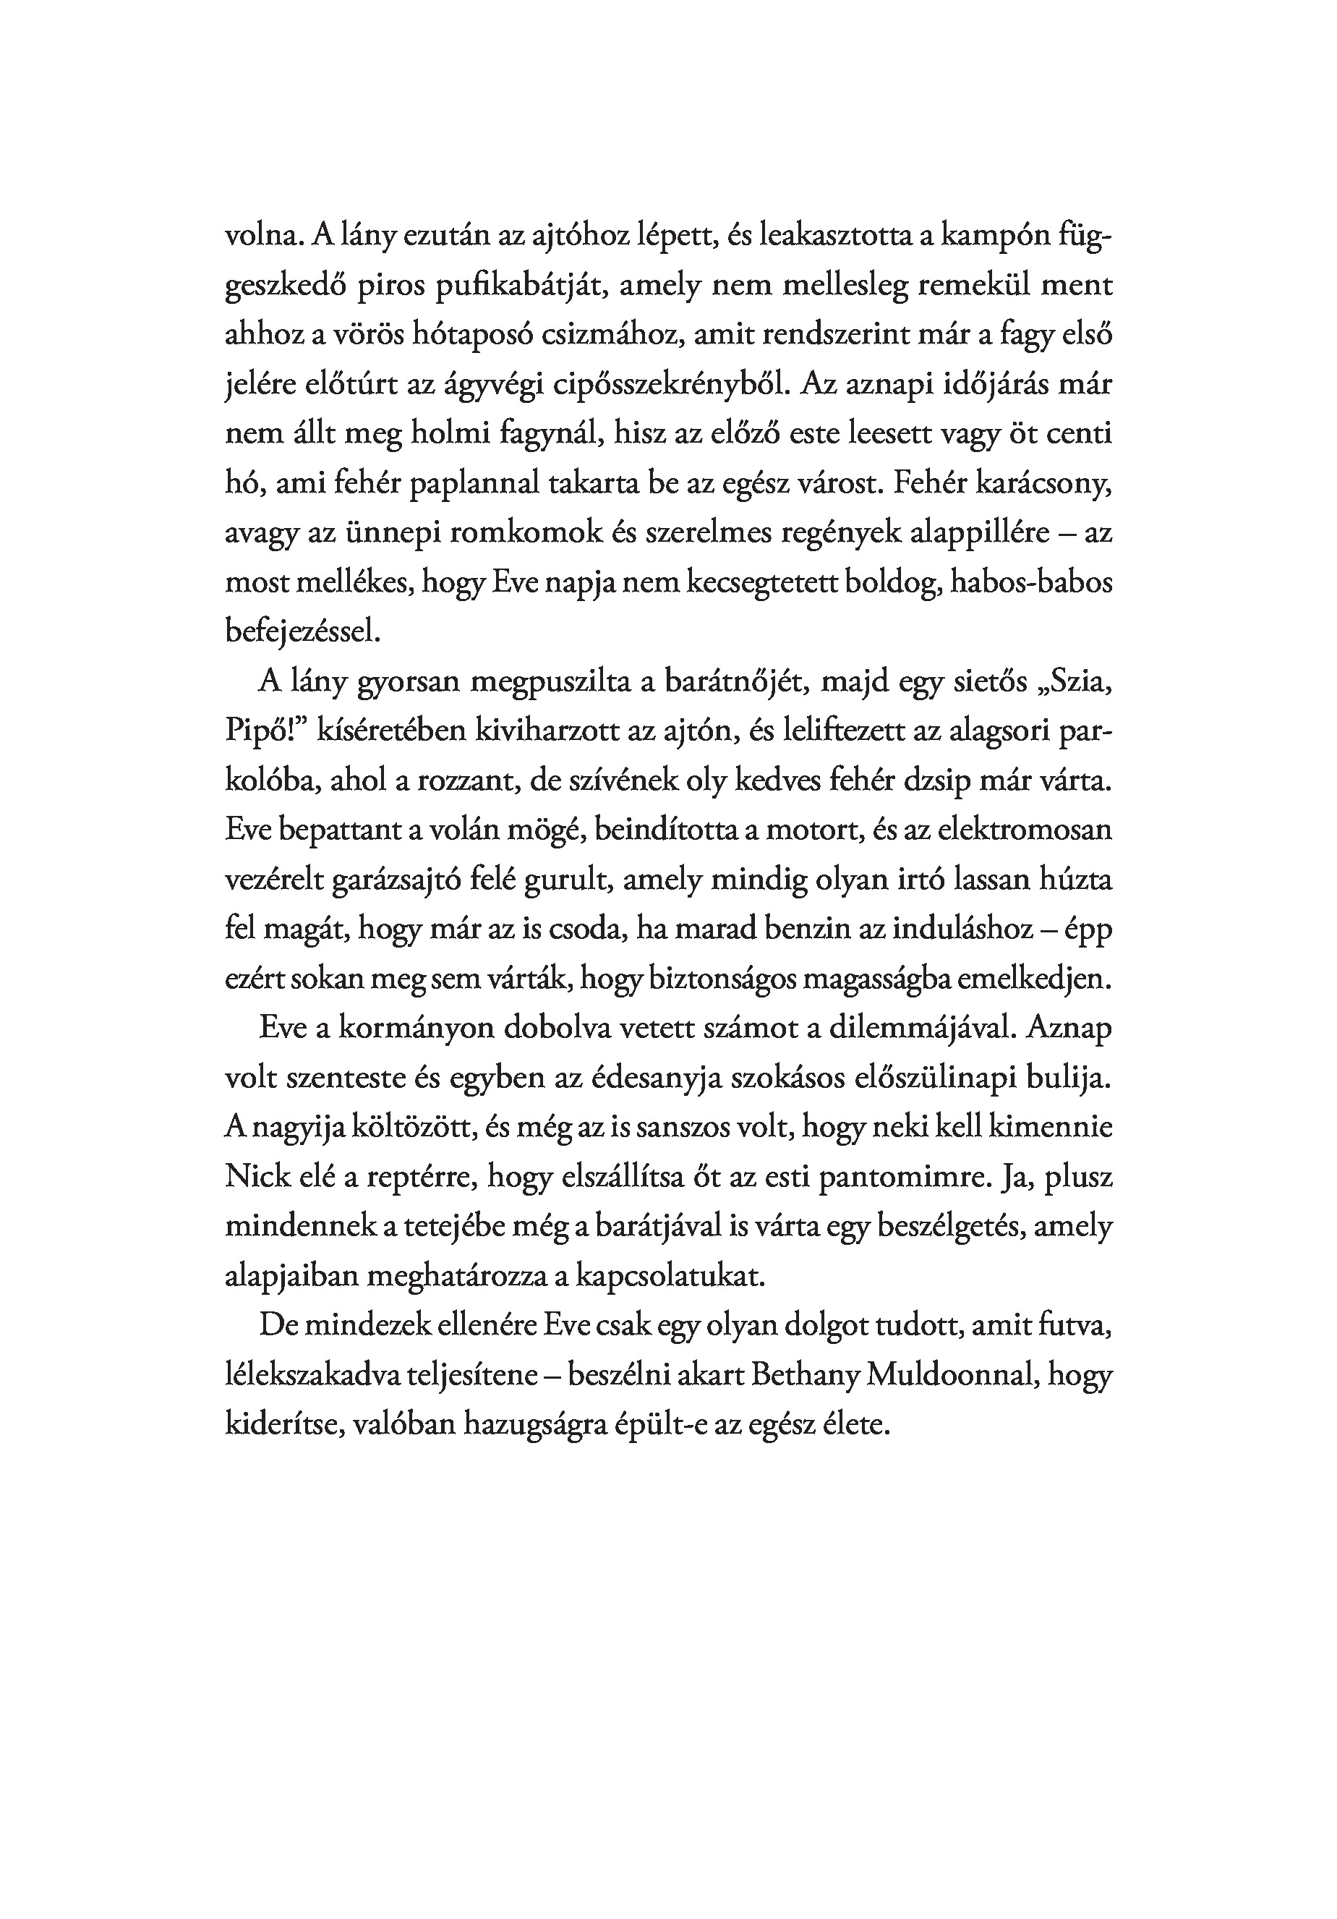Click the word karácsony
pos(1035,484)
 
